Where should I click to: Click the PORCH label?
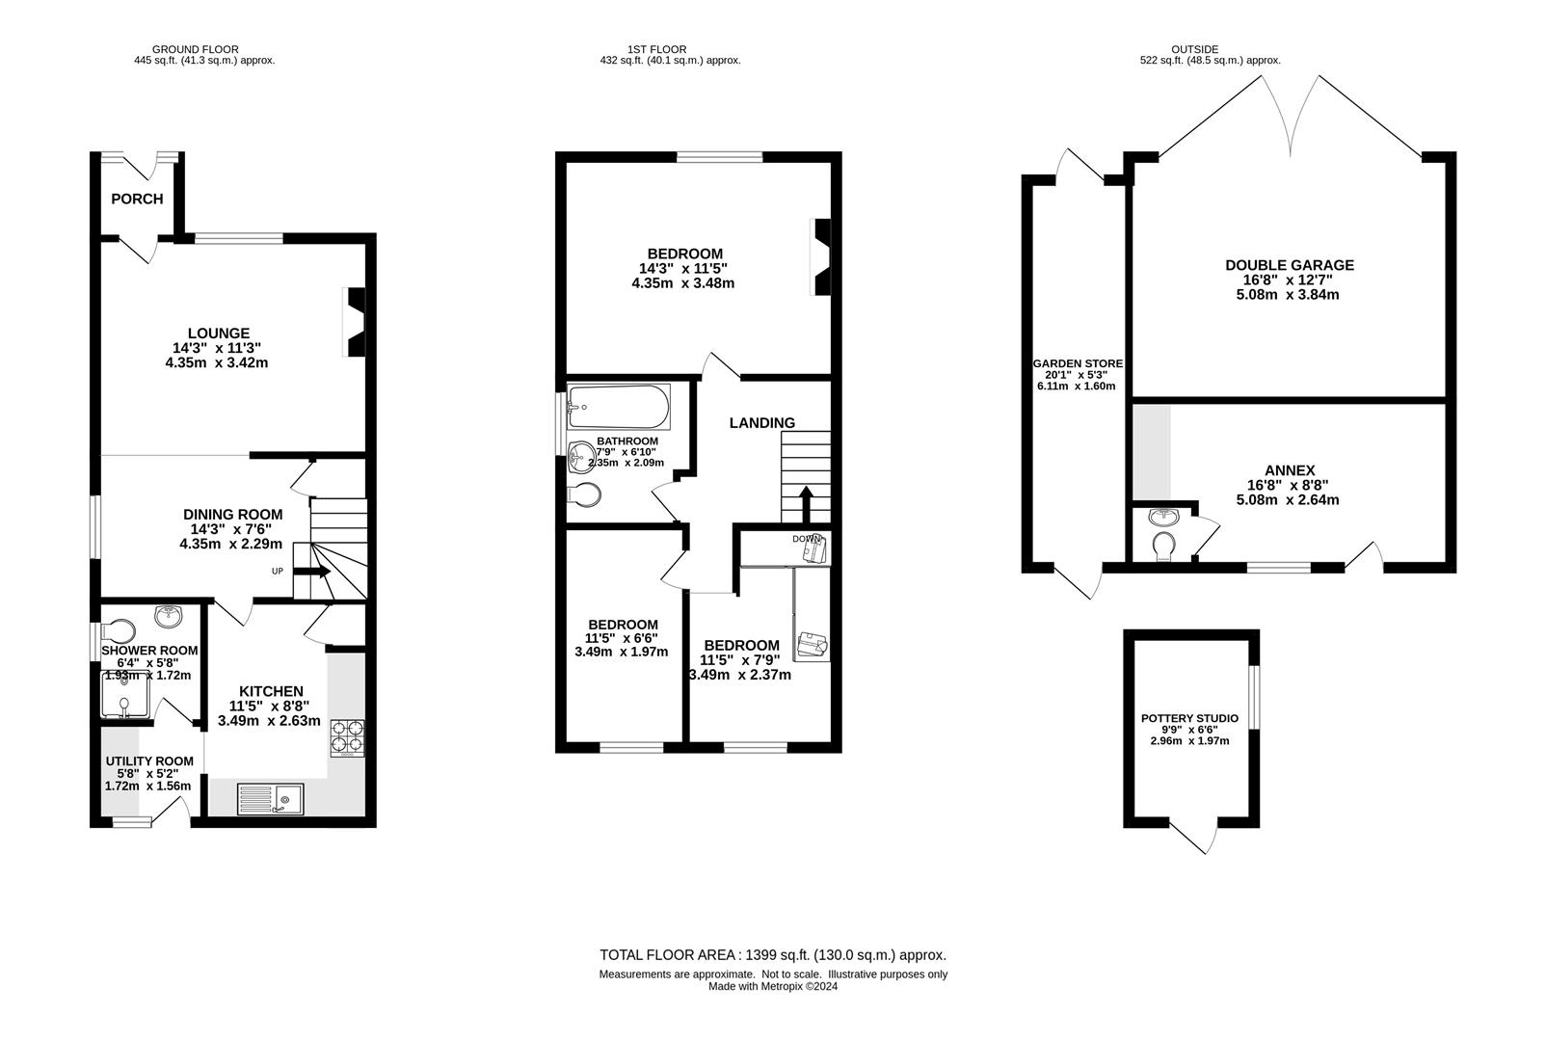coord(137,199)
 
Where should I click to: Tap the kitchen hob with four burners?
coord(347,738)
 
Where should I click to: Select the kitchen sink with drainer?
coord(271,799)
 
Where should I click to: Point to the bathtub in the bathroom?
coord(618,408)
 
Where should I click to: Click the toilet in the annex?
coord(1164,544)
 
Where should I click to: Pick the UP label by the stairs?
coord(278,571)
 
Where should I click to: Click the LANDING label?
coord(762,422)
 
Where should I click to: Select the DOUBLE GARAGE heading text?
coord(1290,265)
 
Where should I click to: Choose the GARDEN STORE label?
coord(1078,363)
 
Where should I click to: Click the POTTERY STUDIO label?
coord(1190,718)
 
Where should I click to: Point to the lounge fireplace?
coord(355,322)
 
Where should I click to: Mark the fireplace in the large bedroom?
coord(821,257)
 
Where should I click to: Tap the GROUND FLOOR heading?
coord(196,50)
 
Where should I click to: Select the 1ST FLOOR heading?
coord(657,50)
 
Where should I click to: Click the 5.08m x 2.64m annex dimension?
coord(1288,500)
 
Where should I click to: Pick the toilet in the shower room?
coord(118,631)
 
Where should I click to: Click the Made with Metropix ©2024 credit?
coord(773,986)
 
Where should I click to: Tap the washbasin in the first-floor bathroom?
coord(581,457)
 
